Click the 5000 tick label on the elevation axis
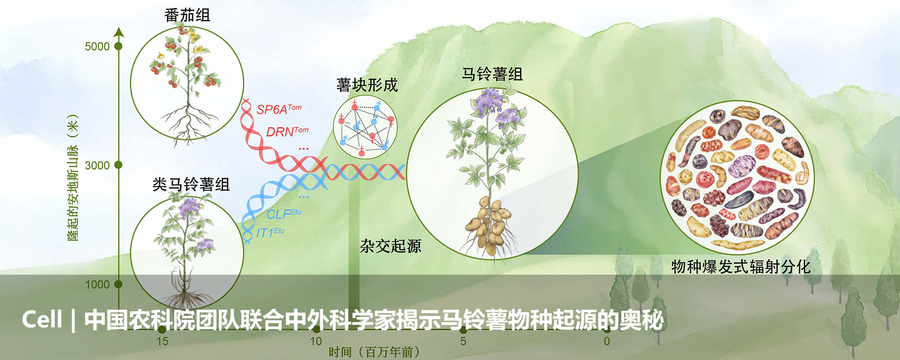(x=97, y=47)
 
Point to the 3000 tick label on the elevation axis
(x=97, y=166)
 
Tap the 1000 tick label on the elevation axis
(x=97, y=284)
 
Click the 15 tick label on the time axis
(x=162, y=341)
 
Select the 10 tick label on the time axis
(x=316, y=341)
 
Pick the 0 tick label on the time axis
(x=607, y=341)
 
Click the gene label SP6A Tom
(x=279, y=109)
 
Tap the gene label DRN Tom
(x=287, y=131)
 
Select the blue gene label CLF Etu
(x=283, y=214)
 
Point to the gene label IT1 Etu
(x=270, y=232)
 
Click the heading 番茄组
(x=187, y=15)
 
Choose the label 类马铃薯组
(x=191, y=184)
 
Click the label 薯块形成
(x=367, y=85)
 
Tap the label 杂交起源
(x=391, y=246)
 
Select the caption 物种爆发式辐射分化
(x=741, y=267)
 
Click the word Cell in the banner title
(x=42, y=319)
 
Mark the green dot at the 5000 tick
(x=118, y=46)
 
